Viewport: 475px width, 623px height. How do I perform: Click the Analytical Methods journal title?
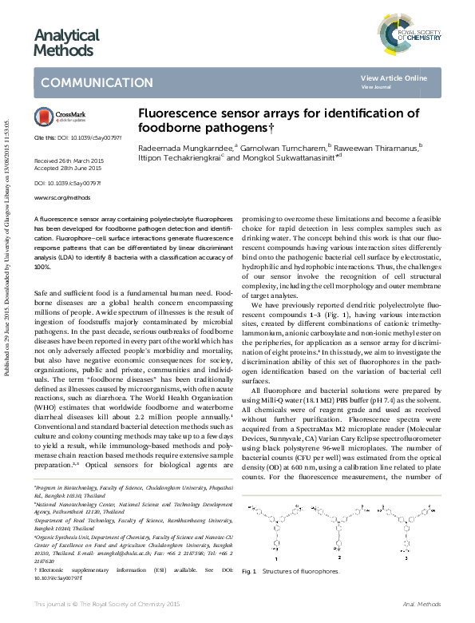coord(66,42)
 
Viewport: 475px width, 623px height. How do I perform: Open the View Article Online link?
coord(394,77)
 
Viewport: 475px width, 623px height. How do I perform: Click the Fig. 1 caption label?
coord(249,571)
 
